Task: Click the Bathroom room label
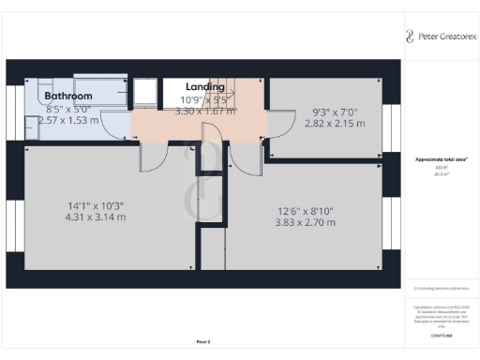68,96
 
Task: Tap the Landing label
205,87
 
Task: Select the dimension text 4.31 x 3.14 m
95,217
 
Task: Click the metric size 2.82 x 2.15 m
334,122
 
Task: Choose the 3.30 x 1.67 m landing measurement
205,111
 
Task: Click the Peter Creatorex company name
444,37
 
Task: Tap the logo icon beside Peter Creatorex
409,37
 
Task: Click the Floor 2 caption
203,341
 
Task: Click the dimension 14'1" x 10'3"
95,206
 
